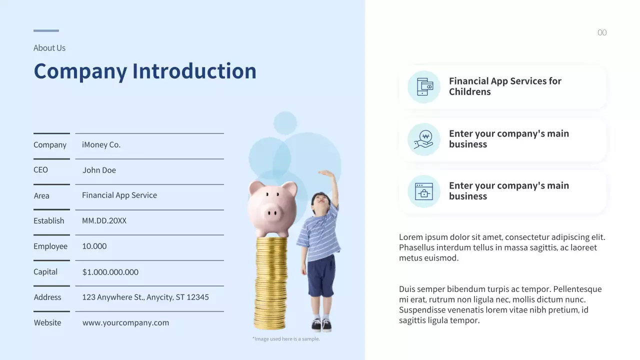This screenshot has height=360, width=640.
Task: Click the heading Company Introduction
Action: [x=144, y=71]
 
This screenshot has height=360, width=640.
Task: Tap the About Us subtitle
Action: [x=49, y=48]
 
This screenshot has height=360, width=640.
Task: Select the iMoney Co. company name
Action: [x=101, y=144]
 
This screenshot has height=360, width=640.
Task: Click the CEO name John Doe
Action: [x=99, y=170]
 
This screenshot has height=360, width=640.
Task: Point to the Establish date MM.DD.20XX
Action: [x=104, y=220]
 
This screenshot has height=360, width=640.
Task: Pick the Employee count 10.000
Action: [x=94, y=246]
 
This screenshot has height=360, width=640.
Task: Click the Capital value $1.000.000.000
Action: [x=110, y=272]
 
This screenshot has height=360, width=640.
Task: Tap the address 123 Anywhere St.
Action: [x=145, y=297]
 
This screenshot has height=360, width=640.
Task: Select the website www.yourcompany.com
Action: [x=125, y=322]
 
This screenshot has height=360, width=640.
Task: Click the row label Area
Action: [x=41, y=195]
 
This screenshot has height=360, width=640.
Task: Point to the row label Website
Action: [x=47, y=322]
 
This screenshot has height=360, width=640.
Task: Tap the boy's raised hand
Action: [x=327, y=174]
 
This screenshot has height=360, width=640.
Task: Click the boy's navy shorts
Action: [x=321, y=275]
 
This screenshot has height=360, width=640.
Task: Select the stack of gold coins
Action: [x=270, y=282]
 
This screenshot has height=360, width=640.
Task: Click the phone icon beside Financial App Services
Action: [x=424, y=86]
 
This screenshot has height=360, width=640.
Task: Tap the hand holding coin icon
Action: [x=424, y=139]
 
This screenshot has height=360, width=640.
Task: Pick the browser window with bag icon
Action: [x=424, y=191]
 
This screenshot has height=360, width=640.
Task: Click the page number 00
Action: [x=602, y=33]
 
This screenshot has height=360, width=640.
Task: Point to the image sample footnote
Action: [x=286, y=339]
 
